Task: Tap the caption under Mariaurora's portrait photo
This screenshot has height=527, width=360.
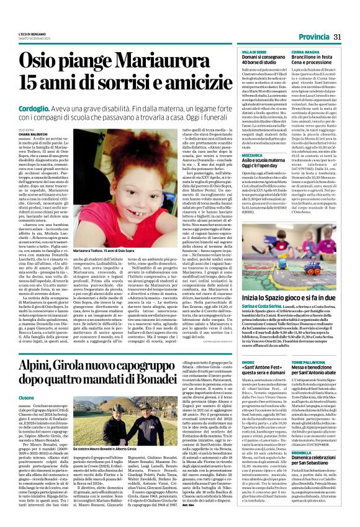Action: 109,250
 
